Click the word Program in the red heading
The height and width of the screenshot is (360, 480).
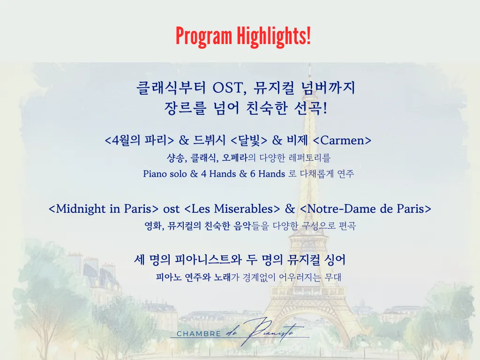tap(204, 36)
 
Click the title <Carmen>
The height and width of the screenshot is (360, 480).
tap(342, 140)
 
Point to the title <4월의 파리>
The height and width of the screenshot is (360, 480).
tap(139, 140)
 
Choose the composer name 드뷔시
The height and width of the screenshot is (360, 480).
tap(209, 140)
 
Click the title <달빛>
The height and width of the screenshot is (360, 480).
tap(248, 140)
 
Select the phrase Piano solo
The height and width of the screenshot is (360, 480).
tap(165, 174)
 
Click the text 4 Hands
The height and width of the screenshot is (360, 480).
tap(218, 174)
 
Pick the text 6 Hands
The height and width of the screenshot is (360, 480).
tap(268, 174)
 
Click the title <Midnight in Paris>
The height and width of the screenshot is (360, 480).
tap(104, 209)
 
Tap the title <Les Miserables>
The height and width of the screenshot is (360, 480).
tap(232, 209)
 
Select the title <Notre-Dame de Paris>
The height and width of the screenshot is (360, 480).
tap(366, 209)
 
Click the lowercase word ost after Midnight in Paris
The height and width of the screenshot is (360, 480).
tap(172, 209)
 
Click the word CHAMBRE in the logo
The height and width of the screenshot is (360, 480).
tap(199, 334)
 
